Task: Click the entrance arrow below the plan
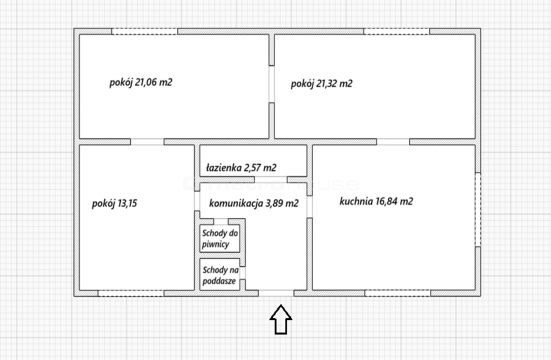click(281, 319)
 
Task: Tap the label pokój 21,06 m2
click(141, 82)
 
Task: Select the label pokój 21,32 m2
click(322, 84)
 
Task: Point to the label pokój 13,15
click(114, 203)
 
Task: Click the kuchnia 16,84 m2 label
click(376, 201)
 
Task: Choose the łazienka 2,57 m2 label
click(241, 168)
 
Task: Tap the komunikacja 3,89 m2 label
click(254, 203)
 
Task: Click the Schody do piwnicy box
click(220, 238)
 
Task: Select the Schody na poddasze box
click(220, 274)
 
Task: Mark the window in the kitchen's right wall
click(478, 210)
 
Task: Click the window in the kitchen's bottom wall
click(398, 293)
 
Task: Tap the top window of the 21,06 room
click(145, 31)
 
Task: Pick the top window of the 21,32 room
click(397, 31)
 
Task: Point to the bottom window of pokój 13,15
click(131, 293)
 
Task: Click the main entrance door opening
click(276, 293)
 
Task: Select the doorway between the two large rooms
click(272, 84)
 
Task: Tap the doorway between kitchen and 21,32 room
click(393, 142)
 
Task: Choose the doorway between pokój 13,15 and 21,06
click(147, 142)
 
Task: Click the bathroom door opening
click(271, 180)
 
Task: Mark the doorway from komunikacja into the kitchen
click(310, 207)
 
